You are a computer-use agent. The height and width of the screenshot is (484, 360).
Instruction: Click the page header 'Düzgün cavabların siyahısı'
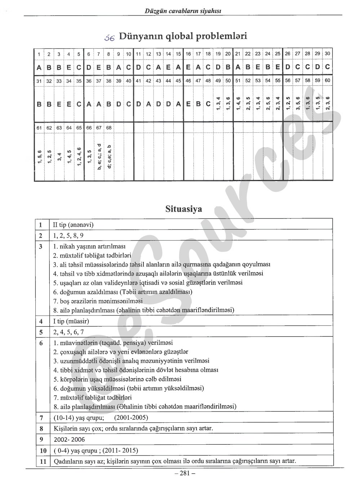tap(183, 11)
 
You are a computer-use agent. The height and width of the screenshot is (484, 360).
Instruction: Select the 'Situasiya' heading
tap(184, 209)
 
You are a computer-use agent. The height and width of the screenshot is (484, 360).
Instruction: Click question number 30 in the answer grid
tap(327, 53)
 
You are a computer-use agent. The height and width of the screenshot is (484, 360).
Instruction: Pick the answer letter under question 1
tap(39, 67)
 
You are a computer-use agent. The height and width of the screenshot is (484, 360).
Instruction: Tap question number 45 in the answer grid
tap(178, 81)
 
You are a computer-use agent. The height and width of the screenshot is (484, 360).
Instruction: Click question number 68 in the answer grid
tap(109, 128)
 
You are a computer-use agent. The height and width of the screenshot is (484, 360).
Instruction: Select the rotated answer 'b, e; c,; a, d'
tap(99, 156)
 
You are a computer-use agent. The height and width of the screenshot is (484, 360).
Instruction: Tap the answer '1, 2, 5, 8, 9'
tap(68, 236)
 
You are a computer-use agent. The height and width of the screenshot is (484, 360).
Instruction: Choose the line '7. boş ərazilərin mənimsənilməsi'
tap(98, 301)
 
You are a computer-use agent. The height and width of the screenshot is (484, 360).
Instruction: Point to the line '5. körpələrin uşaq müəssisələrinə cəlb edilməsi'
tap(117, 379)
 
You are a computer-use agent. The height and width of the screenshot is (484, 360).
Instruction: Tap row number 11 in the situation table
tap(43, 461)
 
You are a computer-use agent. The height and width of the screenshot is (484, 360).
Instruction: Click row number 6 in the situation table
tap(41, 343)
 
